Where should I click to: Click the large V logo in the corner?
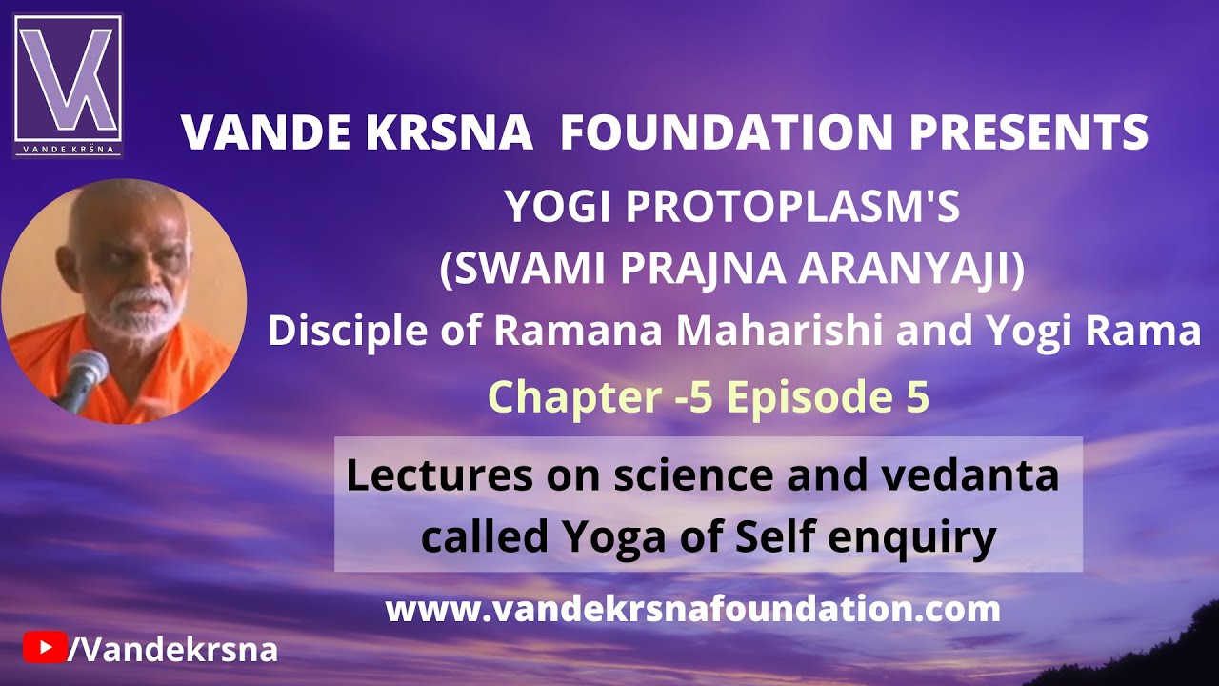[x=68, y=86]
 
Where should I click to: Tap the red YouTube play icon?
[x=45, y=647]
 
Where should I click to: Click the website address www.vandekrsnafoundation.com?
[x=692, y=609]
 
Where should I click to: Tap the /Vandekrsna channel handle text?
[x=172, y=649]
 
